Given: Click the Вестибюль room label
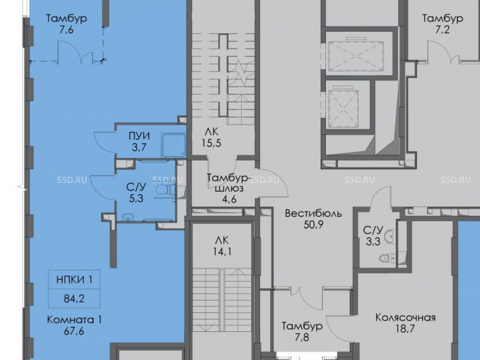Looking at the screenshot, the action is point(313,214).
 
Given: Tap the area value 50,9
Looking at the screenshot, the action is point(313,225).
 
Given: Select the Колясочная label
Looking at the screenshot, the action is point(405,317).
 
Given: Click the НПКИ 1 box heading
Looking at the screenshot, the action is point(74,279).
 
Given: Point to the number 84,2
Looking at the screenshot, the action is point(74,299).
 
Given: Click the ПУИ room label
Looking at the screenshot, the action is point(139,136).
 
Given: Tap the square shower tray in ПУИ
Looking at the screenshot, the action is point(174,145).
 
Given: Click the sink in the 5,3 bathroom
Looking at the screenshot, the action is point(128,217).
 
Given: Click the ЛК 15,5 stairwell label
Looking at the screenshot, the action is point(211,137).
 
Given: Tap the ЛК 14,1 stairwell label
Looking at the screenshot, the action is point(222,246).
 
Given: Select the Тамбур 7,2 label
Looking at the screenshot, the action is point(443,24).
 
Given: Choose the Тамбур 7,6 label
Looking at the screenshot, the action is point(66,24).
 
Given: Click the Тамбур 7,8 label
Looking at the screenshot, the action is point(302,332).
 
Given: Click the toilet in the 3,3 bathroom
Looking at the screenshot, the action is point(386,259).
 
